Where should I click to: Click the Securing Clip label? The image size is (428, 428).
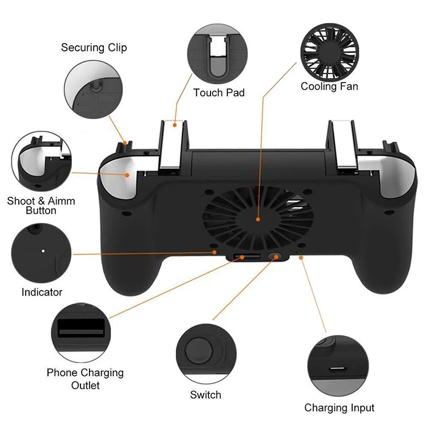click(x=94, y=47)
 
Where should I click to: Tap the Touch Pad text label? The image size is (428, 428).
click(x=219, y=92)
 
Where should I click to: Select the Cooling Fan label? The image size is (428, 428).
click(x=329, y=87)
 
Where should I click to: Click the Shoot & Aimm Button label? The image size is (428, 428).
click(x=41, y=205)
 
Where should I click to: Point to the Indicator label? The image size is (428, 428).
click(x=42, y=292)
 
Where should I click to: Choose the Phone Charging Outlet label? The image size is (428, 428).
click(x=85, y=379)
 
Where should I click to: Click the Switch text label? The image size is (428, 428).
click(x=205, y=394)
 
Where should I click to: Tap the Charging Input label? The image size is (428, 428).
click(x=339, y=407)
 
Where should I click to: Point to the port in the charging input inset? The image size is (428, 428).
click(x=339, y=364)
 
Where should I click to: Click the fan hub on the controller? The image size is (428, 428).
click(x=258, y=219)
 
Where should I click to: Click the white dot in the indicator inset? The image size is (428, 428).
click(x=44, y=249)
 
